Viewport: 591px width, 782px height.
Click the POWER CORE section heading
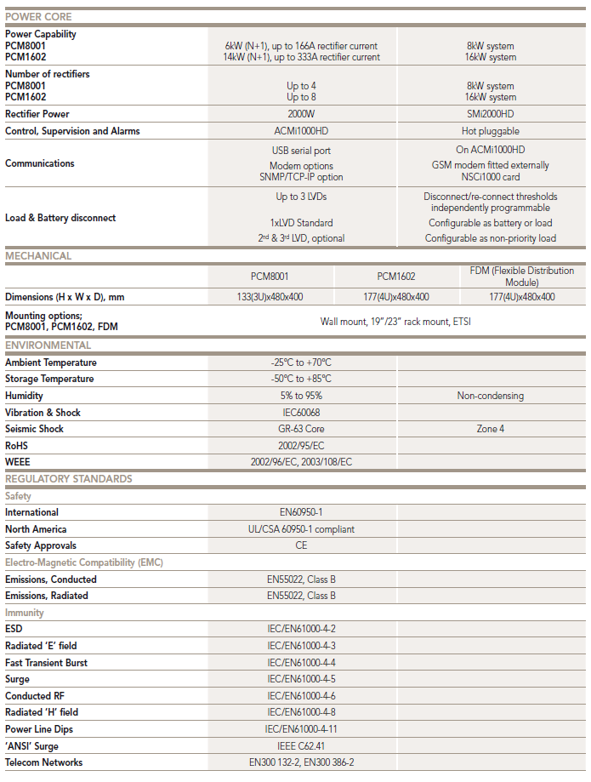(x=38, y=16)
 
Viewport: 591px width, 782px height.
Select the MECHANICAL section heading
(x=38, y=255)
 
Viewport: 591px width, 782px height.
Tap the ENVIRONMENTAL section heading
(x=48, y=345)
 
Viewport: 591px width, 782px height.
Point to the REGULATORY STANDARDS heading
(x=68, y=478)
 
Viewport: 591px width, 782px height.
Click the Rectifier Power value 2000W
(x=302, y=114)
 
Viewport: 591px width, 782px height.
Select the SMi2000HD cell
(x=490, y=114)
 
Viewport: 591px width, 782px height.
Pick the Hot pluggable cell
(x=490, y=131)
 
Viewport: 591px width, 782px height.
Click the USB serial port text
(x=302, y=150)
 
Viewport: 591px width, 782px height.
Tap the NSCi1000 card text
(x=490, y=177)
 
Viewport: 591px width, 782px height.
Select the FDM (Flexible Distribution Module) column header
(x=522, y=277)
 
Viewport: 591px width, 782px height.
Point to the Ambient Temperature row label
(x=50, y=362)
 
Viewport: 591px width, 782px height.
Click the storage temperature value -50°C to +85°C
(x=302, y=379)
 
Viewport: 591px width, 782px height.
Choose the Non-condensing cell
(x=490, y=396)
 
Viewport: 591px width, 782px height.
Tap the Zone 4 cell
(x=490, y=429)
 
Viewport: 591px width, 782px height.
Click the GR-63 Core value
(x=302, y=429)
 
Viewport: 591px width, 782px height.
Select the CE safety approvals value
(x=302, y=545)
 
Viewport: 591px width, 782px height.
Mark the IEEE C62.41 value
(x=302, y=746)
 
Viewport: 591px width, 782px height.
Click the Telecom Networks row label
(x=43, y=762)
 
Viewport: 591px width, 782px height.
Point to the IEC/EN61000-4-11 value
(x=302, y=729)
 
